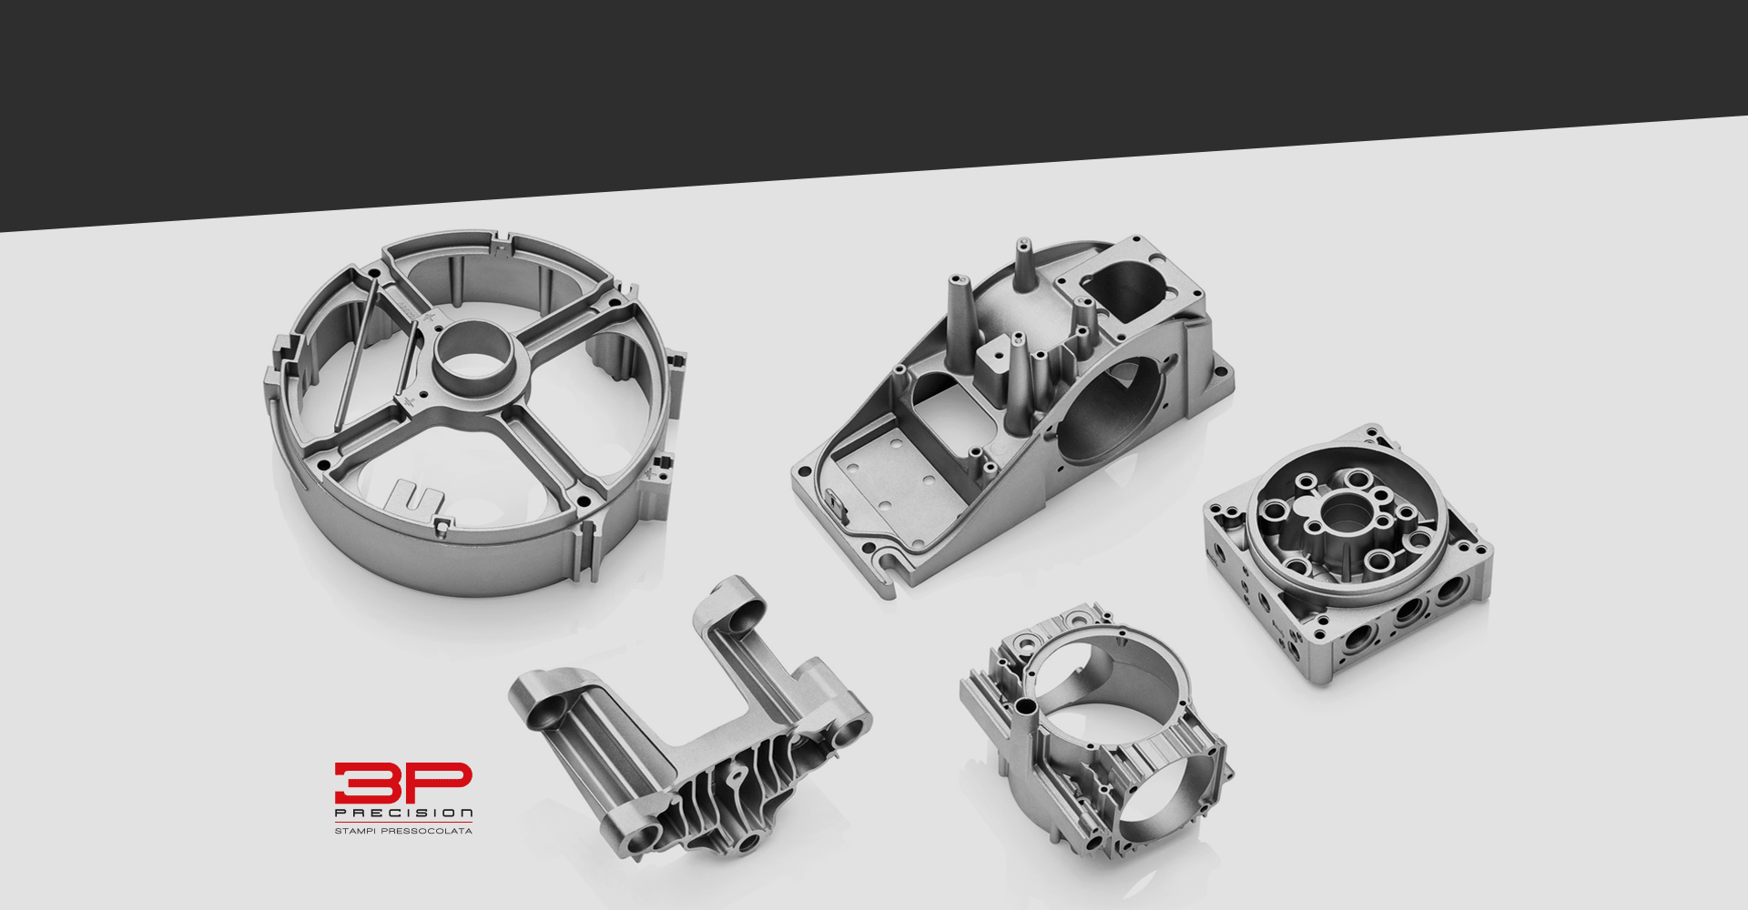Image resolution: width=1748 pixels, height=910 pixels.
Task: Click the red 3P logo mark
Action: pyautogui.click(x=403, y=784)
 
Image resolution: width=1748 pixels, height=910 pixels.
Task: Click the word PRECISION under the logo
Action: pyautogui.click(x=403, y=814)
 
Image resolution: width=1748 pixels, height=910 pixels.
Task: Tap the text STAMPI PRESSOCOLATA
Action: pyautogui.click(x=403, y=831)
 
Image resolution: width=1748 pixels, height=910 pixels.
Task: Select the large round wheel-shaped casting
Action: pyautogui.click(x=473, y=413)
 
